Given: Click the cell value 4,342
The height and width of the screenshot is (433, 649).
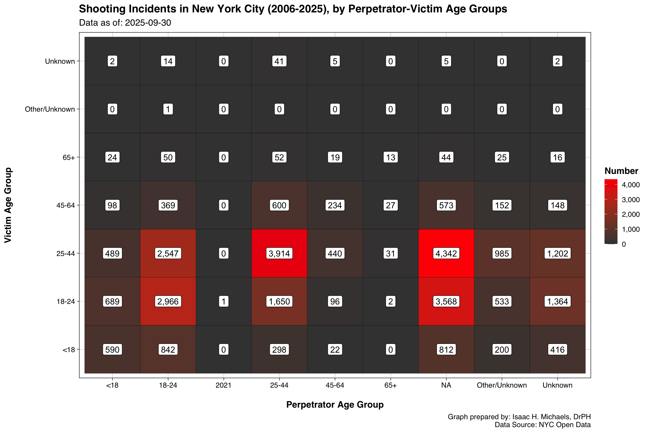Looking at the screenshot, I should click(x=446, y=253).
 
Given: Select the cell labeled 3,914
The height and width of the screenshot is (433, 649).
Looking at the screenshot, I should click(x=279, y=253).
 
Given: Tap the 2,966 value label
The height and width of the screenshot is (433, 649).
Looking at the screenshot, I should click(x=168, y=301).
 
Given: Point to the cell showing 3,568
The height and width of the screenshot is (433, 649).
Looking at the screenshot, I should click(x=446, y=301).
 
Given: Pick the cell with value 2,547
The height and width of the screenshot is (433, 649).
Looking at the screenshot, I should click(x=168, y=253).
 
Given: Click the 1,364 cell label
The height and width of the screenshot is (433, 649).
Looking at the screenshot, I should click(x=557, y=301).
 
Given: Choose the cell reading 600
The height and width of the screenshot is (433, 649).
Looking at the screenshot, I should click(x=279, y=205).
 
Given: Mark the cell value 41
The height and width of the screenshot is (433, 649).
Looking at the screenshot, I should click(x=279, y=61).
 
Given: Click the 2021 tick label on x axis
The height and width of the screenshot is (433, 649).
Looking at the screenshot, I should click(x=223, y=385).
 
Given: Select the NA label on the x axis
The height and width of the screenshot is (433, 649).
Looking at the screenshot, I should click(x=446, y=385).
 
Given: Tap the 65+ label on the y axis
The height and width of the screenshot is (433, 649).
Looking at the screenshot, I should click(x=69, y=157).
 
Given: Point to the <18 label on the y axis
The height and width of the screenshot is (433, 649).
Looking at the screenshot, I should click(x=69, y=350).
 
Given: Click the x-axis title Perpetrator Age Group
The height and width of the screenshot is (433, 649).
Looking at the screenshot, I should click(x=335, y=405).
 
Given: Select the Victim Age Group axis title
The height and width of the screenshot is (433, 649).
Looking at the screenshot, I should click(x=8, y=205).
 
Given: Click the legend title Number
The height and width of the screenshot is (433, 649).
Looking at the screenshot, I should click(x=621, y=171).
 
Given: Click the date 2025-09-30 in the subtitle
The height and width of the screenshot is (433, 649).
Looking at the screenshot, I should click(x=148, y=23).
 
